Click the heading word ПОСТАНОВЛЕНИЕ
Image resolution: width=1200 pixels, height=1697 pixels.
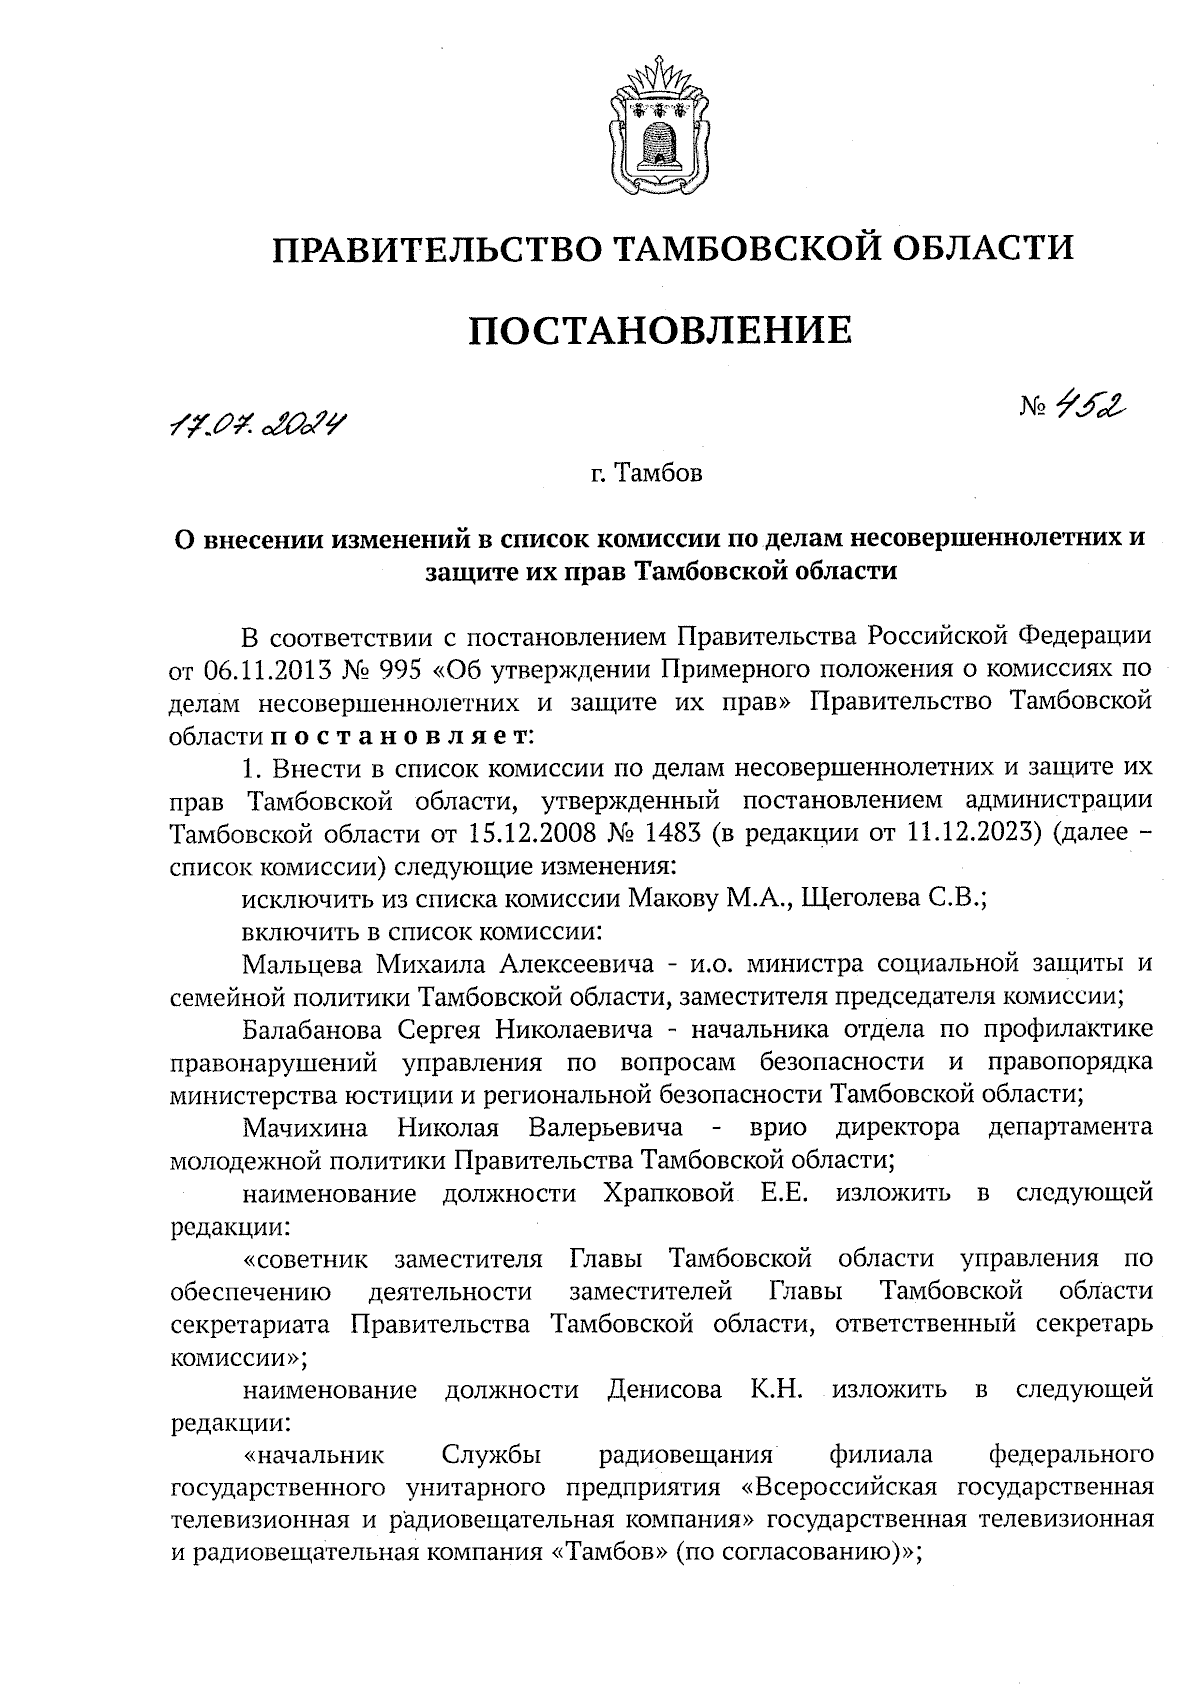click(x=661, y=329)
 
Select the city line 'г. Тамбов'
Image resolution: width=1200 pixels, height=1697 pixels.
click(x=646, y=473)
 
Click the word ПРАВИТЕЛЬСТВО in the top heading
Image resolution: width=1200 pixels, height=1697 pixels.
click(x=437, y=247)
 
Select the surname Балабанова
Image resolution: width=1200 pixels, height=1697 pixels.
click(x=312, y=1029)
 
